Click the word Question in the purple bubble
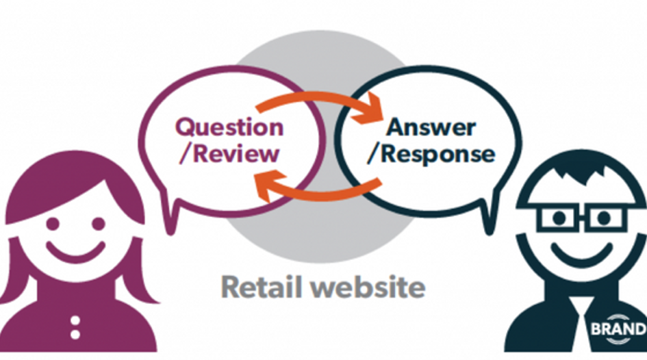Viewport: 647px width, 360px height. tap(229, 127)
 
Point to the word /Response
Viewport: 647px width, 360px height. tap(431, 153)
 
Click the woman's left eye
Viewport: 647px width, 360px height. tap(51, 224)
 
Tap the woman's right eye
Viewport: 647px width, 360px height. tap(98, 224)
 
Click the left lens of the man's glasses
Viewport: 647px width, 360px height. tap(560, 218)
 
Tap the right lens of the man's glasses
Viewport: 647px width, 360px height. tap(605, 218)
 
